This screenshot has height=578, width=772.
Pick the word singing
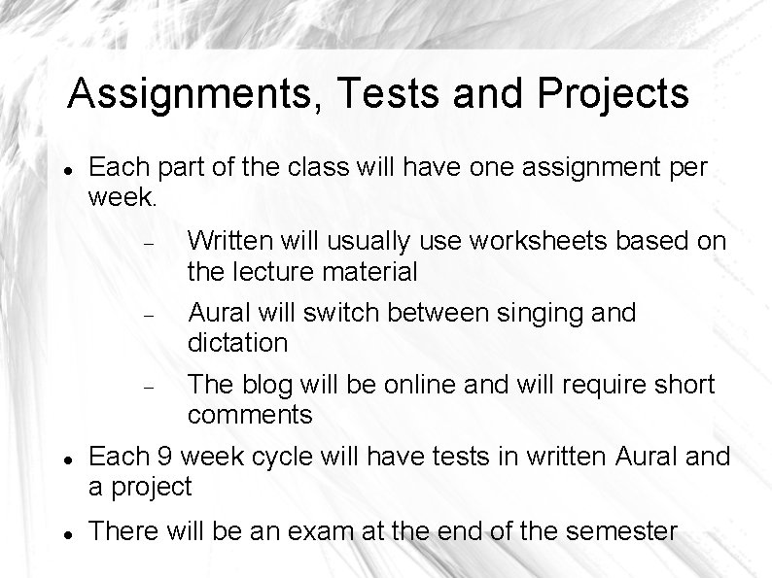pos(551,313)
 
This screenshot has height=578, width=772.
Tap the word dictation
pos(238,343)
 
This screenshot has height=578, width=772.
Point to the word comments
pos(250,415)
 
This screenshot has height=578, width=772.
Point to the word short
pos(683,385)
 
